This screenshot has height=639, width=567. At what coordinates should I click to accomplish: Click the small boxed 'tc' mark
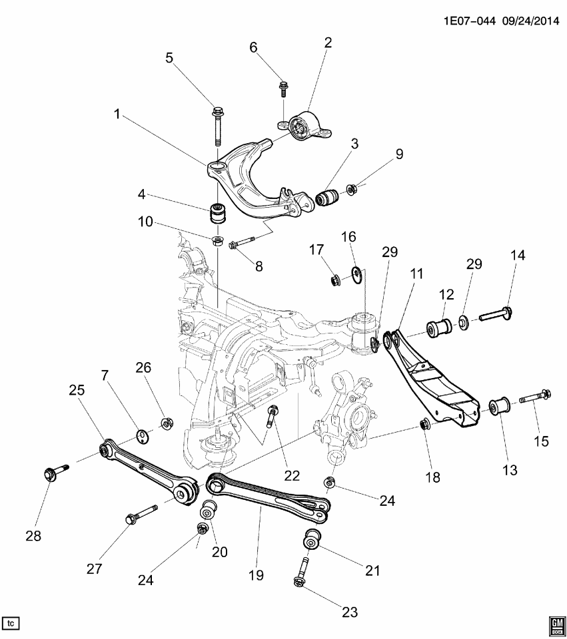click(11, 623)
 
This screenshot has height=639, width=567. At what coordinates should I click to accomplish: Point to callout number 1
click(117, 114)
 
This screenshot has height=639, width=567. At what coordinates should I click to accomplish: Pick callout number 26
click(145, 367)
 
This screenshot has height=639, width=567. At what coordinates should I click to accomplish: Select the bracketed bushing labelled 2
click(307, 125)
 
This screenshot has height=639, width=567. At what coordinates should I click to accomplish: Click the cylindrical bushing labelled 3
click(328, 198)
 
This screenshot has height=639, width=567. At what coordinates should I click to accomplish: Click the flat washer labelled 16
click(356, 271)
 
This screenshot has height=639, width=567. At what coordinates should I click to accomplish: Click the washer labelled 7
click(141, 435)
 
